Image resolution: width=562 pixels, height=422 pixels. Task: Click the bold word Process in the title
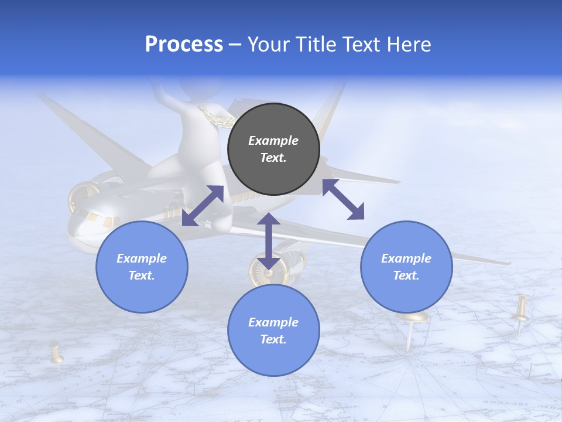tap(184, 45)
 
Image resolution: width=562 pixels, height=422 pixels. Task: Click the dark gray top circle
tap(273, 149)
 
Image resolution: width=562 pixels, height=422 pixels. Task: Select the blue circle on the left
tap(142, 267)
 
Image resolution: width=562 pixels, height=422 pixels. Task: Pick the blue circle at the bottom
tap(273, 330)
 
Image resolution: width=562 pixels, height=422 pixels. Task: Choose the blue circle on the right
tap(406, 267)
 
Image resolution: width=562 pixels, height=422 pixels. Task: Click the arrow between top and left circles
tap(203, 206)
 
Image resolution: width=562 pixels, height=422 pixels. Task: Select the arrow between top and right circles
tap(343, 199)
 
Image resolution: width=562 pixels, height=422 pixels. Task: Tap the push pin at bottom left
tap(56, 354)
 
